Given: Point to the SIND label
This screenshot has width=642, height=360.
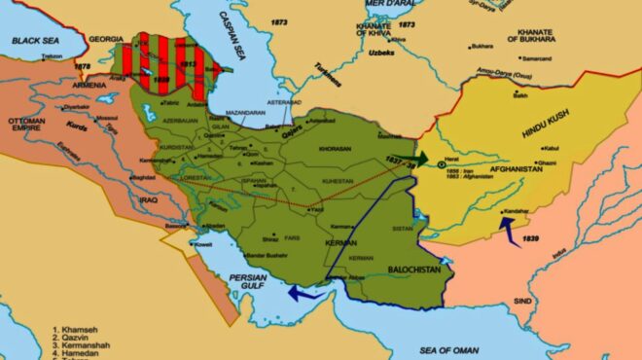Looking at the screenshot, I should (521, 302).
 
